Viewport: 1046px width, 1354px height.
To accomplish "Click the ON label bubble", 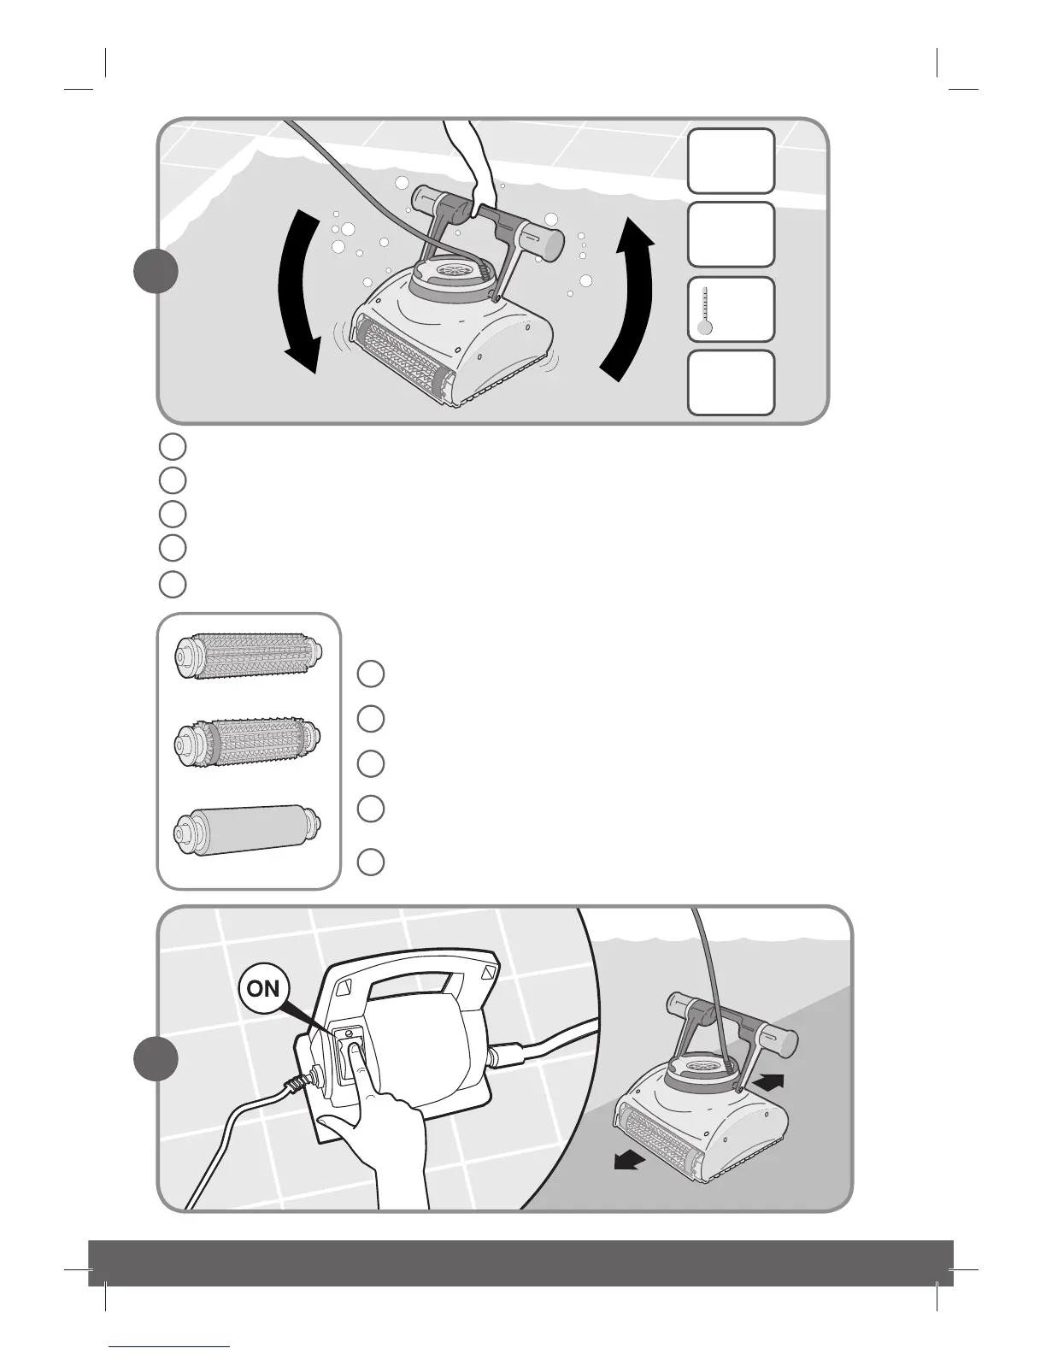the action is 263,988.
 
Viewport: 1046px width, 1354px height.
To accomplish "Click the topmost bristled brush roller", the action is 247,656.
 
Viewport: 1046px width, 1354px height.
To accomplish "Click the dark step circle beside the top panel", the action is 156,272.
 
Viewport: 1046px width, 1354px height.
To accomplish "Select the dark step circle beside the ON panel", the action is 156,1059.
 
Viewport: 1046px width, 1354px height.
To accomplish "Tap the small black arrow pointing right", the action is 768,1081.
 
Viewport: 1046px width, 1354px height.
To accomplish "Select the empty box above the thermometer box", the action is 731,234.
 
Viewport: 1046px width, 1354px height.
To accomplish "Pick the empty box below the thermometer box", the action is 731,383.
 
